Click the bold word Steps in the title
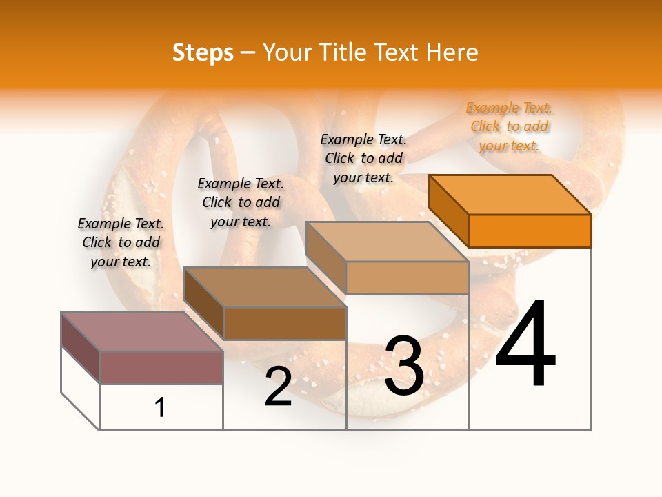202,52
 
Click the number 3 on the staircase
404,366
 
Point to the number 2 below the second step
278,387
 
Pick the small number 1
160,408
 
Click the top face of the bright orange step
510,195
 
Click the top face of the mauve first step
142,332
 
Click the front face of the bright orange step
530,231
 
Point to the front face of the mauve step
161,367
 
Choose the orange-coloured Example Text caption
510,126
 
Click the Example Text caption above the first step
121,242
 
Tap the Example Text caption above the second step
241,202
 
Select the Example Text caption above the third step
363,158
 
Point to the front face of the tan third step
407,277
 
